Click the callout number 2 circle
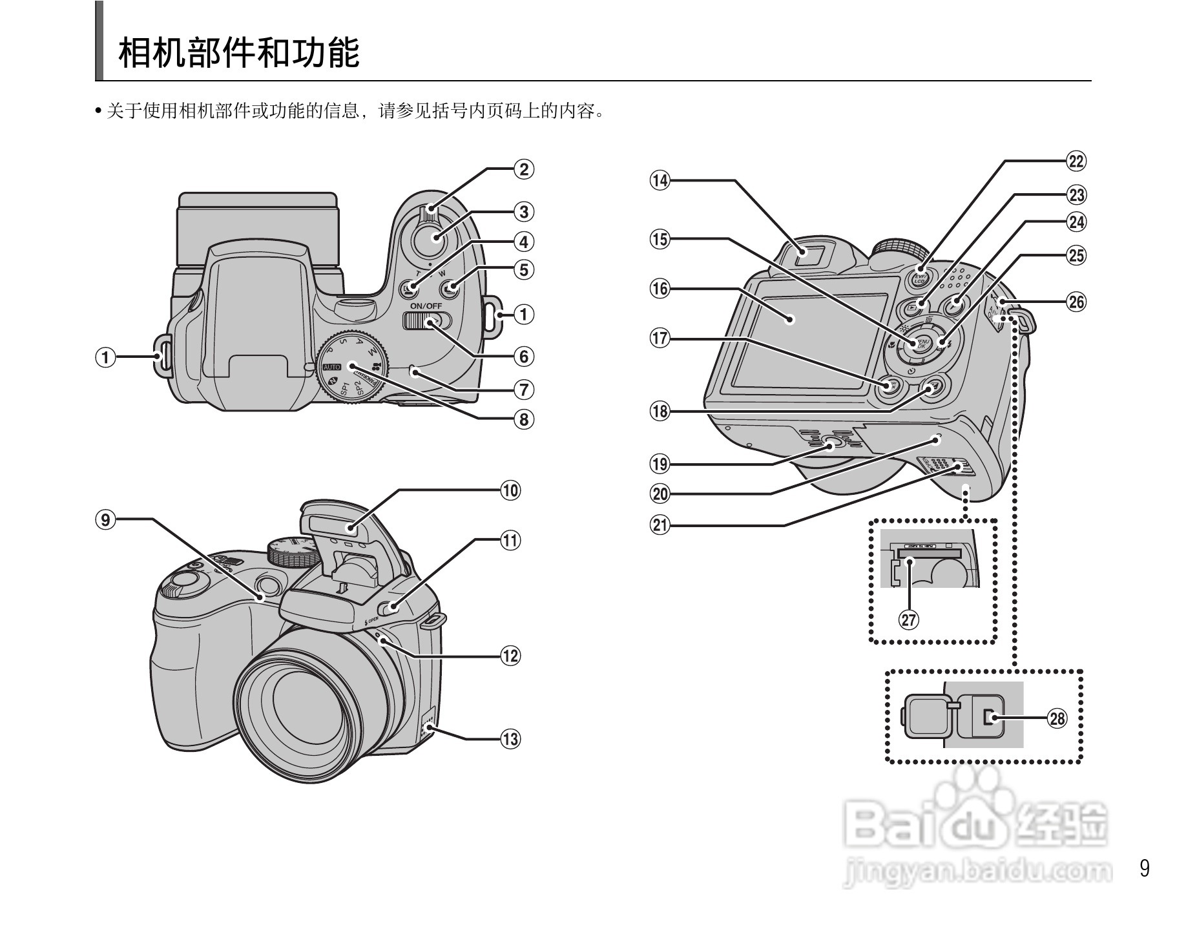click(524, 169)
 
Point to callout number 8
click(524, 419)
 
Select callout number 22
click(1076, 161)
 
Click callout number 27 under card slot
click(909, 620)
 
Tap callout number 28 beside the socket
click(1057, 718)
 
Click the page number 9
click(1145, 868)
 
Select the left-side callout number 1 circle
click(106, 357)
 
